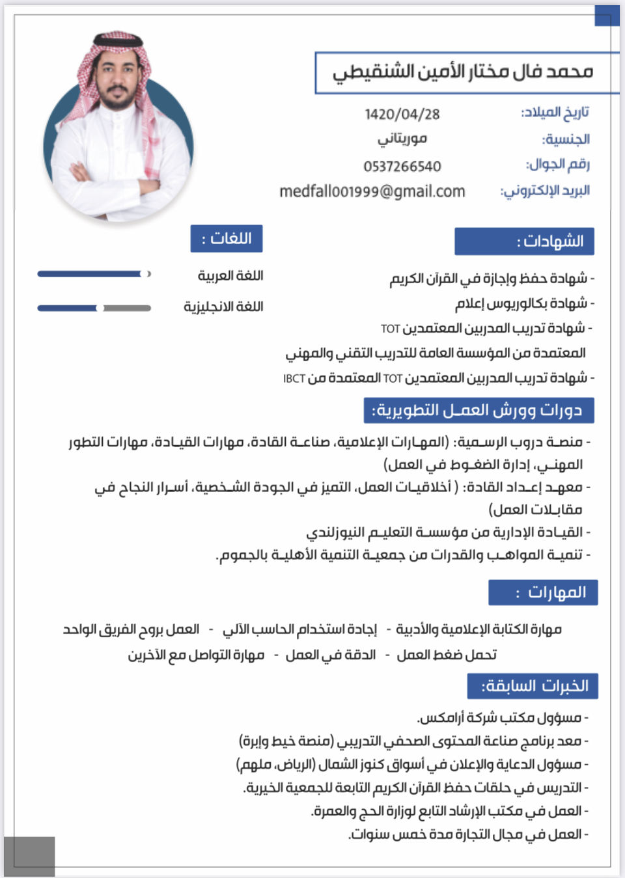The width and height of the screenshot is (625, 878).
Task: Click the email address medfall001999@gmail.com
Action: [x=372, y=191]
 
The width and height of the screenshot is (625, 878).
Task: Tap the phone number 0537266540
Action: [x=402, y=167]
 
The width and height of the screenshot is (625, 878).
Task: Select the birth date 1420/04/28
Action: [x=402, y=115]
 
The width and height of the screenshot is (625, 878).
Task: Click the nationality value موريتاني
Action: [x=402, y=139]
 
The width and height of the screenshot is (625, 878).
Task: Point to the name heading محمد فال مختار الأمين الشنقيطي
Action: [x=463, y=72]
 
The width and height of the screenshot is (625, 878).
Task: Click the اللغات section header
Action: [x=226, y=239]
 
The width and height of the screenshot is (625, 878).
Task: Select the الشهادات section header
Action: [x=524, y=241]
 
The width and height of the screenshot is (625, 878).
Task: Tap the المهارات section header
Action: [x=543, y=593]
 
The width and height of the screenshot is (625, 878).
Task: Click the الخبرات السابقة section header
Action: [x=533, y=686]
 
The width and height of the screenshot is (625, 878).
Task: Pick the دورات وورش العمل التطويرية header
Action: [x=479, y=411]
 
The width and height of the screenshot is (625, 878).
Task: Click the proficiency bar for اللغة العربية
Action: [x=94, y=274]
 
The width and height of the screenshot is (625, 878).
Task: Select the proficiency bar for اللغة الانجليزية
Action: [x=94, y=308]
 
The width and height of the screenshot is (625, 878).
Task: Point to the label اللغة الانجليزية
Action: [x=223, y=307]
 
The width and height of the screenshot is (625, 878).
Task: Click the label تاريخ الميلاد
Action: [x=555, y=113]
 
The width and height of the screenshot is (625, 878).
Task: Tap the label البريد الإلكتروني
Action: [x=545, y=191]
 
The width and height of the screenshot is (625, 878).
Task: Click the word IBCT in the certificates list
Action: [x=294, y=379]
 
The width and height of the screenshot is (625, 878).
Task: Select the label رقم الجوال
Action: [x=558, y=164]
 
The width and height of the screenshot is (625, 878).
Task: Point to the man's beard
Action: [x=118, y=101]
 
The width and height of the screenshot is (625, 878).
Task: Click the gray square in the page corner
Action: [x=29, y=856]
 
